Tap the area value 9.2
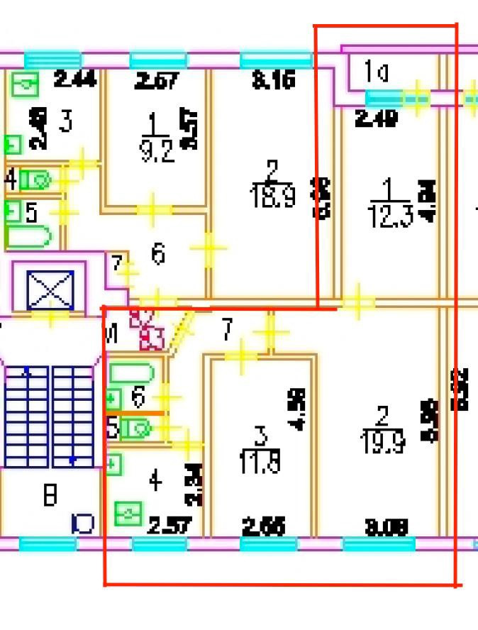pyautogui.click(x=157, y=152)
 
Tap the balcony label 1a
pyautogui.click(x=376, y=71)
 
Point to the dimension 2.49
pyautogui.click(x=375, y=118)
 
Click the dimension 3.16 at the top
pyautogui.click(x=273, y=81)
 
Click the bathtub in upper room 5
pyautogui.click(x=28, y=236)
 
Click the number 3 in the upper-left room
pyautogui.click(x=65, y=123)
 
